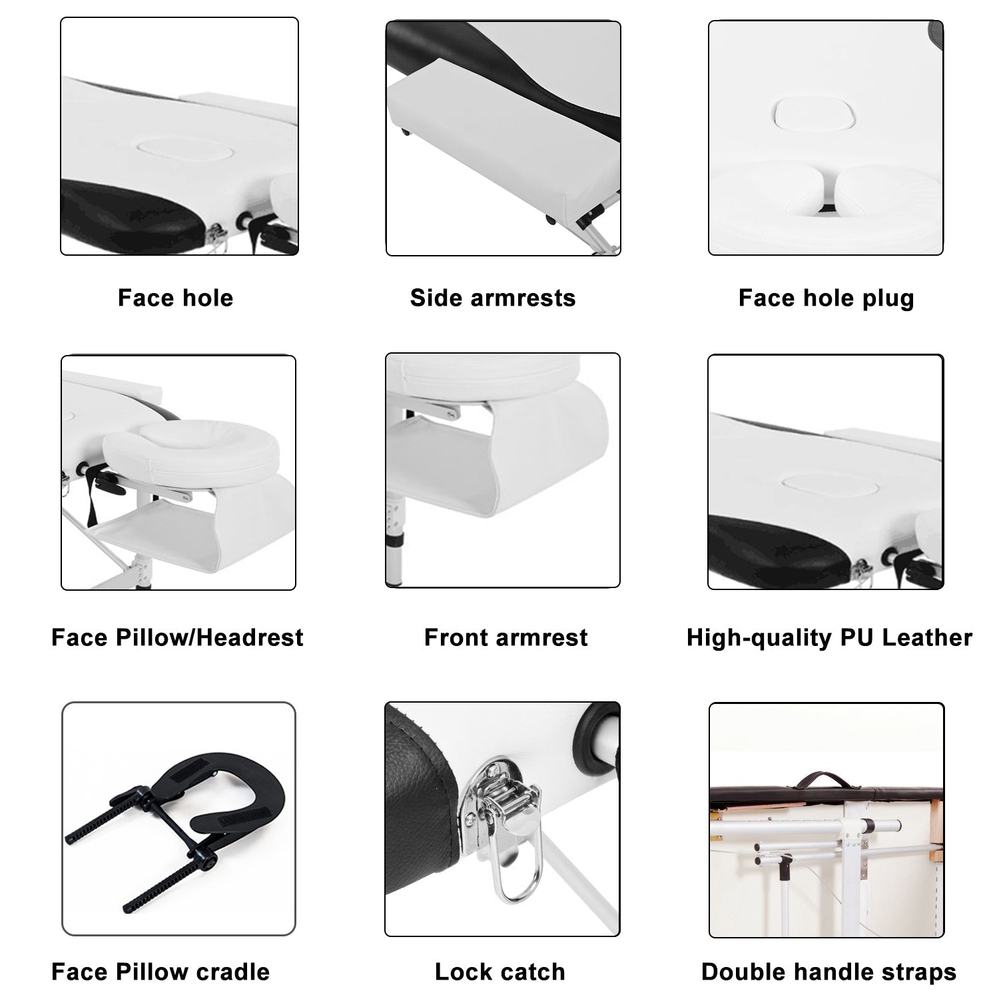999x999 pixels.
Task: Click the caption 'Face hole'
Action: [x=175, y=298]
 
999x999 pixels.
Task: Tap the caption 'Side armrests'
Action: [x=493, y=298]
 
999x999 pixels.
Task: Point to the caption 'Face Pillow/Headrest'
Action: [x=177, y=637]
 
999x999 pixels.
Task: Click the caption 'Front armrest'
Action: [x=506, y=637]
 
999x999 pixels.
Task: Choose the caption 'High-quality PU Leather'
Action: [x=829, y=638]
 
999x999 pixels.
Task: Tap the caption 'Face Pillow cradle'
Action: [x=161, y=972]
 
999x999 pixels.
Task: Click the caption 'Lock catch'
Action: [x=500, y=972]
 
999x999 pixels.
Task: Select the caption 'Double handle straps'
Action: [x=829, y=972]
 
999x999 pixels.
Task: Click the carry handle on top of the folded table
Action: [x=826, y=778]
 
